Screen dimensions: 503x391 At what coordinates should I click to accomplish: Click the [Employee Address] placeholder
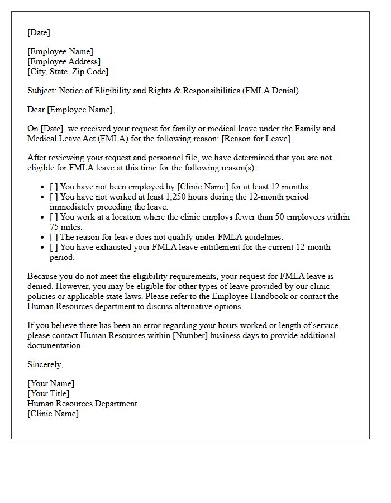(x=64, y=61)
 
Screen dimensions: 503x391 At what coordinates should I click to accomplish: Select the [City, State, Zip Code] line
(x=68, y=72)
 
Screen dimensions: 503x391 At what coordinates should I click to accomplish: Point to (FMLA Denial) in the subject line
(x=270, y=91)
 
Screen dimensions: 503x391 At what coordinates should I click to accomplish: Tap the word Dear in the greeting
(x=36, y=110)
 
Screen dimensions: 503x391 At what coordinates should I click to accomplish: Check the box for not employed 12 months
(x=54, y=187)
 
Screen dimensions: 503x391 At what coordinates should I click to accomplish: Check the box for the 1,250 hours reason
(x=54, y=197)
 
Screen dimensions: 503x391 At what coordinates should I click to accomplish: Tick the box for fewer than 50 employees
(x=54, y=217)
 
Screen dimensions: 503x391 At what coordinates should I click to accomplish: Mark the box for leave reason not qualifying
(x=54, y=237)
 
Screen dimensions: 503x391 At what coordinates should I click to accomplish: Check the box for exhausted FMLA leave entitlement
(x=54, y=247)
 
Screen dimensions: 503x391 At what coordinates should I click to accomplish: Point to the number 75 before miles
(x=54, y=227)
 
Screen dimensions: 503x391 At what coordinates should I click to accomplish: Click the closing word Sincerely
(x=45, y=364)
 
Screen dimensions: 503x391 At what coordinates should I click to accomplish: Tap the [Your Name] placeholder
(x=50, y=383)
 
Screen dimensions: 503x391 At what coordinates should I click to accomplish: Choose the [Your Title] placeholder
(x=49, y=393)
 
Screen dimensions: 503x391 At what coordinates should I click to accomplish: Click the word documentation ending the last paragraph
(x=54, y=345)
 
